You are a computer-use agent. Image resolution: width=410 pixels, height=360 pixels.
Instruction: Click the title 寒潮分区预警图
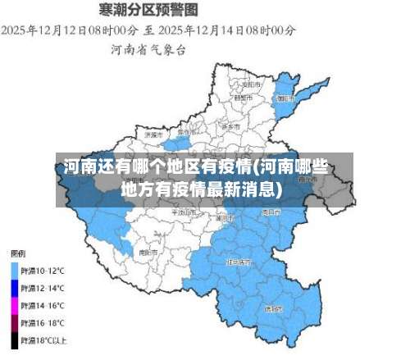pyautogui.click(x=148, y=10)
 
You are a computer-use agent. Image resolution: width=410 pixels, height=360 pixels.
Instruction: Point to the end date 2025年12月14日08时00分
pyautogui.click(x=227, y=30)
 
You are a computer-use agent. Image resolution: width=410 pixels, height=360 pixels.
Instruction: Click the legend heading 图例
pyautogui.click(x=16, y=253)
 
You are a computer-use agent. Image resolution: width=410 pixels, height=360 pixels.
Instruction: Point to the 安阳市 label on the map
pyautogui.click(x=251, y=84)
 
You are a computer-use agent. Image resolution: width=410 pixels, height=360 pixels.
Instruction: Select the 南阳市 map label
pyautogui.click(x=148, y=252)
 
